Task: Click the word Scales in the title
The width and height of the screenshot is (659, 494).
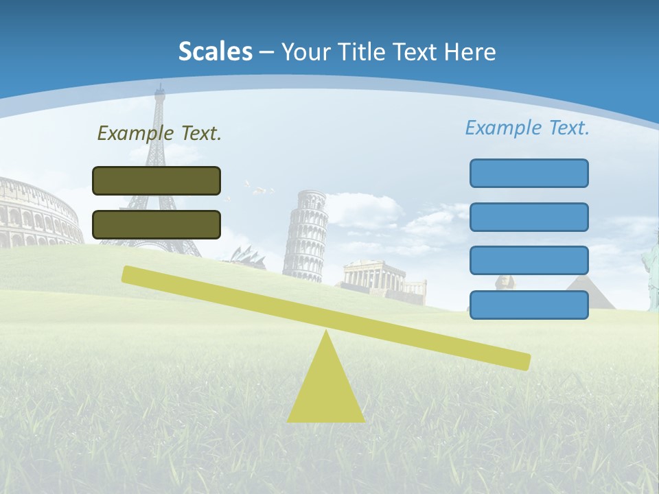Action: pyautogui.click(x=216, y=51)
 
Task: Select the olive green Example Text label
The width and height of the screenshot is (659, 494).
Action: pyautogui.click(x=159, y=133)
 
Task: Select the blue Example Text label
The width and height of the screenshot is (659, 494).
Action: pyautogui.click(x=527, y=128)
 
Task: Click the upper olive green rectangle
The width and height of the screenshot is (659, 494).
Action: pyautogui.click(x=157, y=180)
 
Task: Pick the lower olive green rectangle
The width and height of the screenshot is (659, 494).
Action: pyautogui.click(x=157, y=224)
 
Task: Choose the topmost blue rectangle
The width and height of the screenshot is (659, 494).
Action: pyautogui.click(x=529, y=173)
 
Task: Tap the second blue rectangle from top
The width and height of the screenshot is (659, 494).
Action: pyautogui.click(x=529, y=217)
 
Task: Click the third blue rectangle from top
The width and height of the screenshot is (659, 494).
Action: pyautogui.click(x=529, y=261)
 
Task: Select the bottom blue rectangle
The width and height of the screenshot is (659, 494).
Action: pyautogui.click(x=529, y=305)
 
